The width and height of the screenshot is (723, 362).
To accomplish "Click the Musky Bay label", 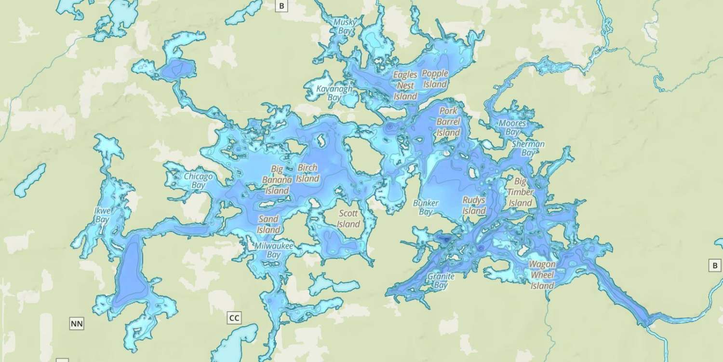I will click(x=346, y=27).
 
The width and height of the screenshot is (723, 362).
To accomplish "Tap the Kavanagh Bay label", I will click(x=335, y=93).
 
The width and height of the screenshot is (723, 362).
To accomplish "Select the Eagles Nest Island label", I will click(x=405, y=85).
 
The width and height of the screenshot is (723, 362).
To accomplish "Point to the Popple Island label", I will click(x=435, y=79).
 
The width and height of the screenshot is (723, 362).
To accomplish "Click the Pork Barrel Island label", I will click(x=448, y=122).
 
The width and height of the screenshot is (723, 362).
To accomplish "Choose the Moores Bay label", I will click(x=512, y=127).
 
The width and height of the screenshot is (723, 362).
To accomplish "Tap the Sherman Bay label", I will click(x=528, y=148).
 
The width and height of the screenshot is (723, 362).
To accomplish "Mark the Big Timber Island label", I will click(x=520, y=192).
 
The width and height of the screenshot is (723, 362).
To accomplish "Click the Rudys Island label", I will click(x=474, y=205).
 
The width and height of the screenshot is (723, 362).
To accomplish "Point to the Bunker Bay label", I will click(x=426, y=208).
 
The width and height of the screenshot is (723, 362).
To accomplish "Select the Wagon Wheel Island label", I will click(x=542, y=275).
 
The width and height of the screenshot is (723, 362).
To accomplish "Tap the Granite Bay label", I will click(x=441, y=281).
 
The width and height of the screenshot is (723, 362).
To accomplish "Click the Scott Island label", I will click(x=348, y=219).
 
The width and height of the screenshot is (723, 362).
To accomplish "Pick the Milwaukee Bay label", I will click(x=274, y=250).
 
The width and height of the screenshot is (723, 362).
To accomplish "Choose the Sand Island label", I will click(x=268, y=224).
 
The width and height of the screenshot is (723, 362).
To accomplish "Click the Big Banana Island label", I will click(x=277, y=180).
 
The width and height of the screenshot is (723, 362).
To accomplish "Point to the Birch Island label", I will click(x=308, y=173).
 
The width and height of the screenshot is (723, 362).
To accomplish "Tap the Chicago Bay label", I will click(x=198, y=181).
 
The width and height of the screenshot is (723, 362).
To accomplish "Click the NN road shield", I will click(x=77, y=323).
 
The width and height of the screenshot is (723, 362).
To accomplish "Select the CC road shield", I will click(x=234, y=318).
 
